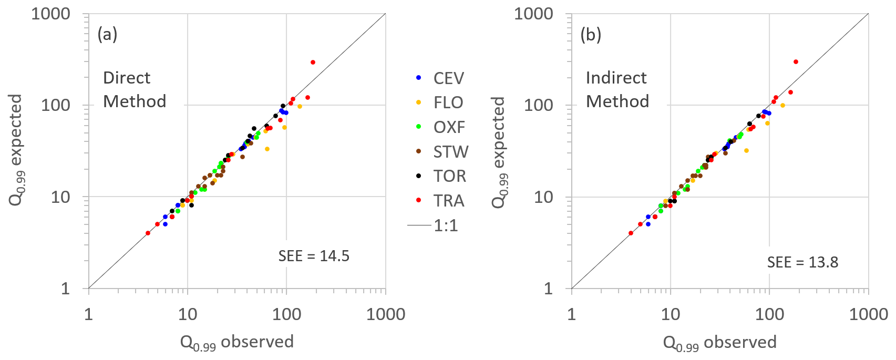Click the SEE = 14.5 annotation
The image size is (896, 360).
[x=314, y=256]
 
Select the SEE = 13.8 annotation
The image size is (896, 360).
[x=802, y=262]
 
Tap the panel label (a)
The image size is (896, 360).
[x=107, y=35]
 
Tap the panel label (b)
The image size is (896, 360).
[x=591, y=35]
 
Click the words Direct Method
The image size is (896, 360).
[x=135, y=89]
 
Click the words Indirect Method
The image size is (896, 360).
[x=617, y=89]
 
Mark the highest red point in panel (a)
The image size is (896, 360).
[x=313, y=62]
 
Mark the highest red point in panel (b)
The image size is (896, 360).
[x=796, y=61]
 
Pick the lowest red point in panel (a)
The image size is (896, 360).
[x=148, y=233]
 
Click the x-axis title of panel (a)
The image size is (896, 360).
[x=236, y=343]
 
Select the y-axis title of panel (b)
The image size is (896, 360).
[x=499, y=152]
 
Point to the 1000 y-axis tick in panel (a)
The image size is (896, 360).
[x=50, y=14]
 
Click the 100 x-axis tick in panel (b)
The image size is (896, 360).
[x=769, y=315]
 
